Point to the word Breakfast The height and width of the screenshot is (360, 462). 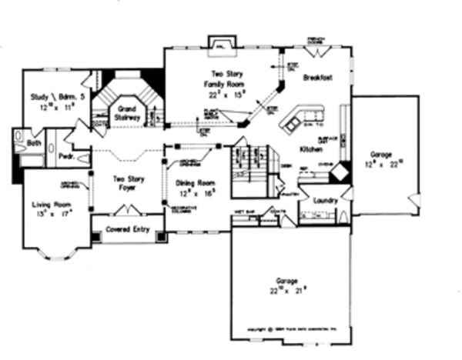pyautogui.click(x=316, y=78)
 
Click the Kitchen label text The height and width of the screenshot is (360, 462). pyautogui.click(x=310, y=149)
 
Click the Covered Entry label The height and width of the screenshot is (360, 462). pyautogui.click(x=128, y=229)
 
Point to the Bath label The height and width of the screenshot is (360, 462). pyautogui.click(x=33, y=143)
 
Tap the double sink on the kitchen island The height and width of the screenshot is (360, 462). pyautogui.click(x=293, y=121)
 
